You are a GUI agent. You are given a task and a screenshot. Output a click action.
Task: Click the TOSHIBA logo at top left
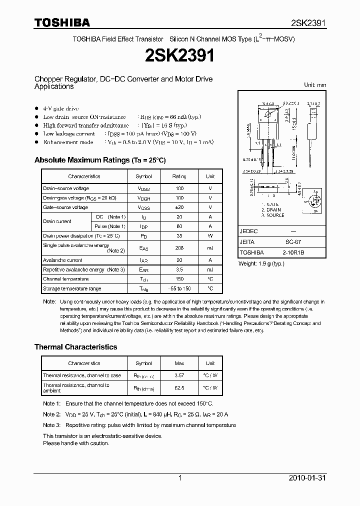62,22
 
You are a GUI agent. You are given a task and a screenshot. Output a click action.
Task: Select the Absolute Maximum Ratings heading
99,160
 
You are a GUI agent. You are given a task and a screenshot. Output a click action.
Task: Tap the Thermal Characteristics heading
75,347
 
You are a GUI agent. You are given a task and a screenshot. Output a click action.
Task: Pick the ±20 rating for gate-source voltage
179,207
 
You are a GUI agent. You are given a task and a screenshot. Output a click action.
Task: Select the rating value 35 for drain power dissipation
179,235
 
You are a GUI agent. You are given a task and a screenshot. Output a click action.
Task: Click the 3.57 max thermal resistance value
179,375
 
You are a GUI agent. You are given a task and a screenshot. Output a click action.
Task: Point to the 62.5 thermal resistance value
179,387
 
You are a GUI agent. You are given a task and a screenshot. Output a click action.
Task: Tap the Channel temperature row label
65,279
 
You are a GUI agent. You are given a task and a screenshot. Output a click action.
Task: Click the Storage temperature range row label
72,288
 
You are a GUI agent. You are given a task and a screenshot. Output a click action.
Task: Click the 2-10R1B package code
293,253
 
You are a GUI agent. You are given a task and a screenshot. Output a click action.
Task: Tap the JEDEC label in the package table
248,232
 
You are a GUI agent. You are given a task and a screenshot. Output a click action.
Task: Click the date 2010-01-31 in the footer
307,478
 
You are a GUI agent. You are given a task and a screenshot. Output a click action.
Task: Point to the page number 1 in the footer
179,478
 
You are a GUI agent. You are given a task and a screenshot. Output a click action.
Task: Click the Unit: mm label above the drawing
315,85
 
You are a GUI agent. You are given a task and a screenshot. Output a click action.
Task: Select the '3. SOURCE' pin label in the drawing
272,215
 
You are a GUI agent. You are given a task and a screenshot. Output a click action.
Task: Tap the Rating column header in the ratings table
179,176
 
